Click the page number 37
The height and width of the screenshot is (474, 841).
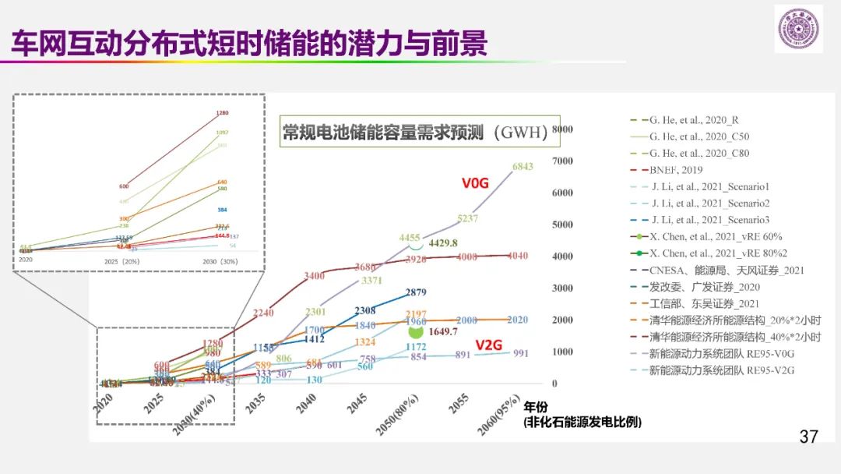[x=808, y=437]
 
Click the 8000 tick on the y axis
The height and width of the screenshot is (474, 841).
[x=561, y=129]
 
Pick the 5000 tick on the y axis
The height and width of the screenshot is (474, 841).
[x=561, y=225]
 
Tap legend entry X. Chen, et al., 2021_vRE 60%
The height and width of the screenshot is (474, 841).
[x=715, y=236]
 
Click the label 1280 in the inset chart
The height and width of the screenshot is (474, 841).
[x=223, y=113]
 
